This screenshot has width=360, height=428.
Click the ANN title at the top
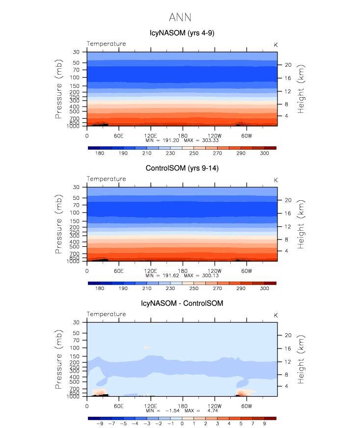180,18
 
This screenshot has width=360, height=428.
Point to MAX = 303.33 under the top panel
200,140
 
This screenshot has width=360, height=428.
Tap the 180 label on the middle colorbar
99,289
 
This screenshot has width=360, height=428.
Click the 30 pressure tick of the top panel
76,52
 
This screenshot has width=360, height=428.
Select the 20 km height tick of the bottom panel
288,335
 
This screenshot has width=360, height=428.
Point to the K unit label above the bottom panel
276,315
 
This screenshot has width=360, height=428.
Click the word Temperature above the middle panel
106,179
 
